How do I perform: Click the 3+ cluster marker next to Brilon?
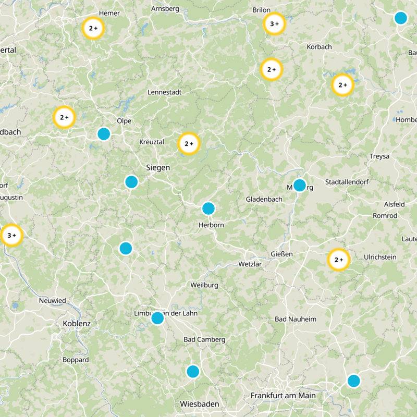coord(274,23)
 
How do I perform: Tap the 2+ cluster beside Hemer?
coord(93,29)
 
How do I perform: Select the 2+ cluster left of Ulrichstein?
coord(338,260)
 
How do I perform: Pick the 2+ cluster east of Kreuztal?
coord(189,143)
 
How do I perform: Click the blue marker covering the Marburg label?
coord(299,185)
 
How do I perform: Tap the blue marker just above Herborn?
coord(208,208)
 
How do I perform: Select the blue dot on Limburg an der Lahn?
coord(157,318)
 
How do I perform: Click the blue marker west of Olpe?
coord(104,134)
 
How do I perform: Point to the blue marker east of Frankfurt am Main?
coord(354,381)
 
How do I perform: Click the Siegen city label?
coord(157,168)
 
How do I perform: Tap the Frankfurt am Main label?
coord(283,396)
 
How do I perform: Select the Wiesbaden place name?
coord(199,404)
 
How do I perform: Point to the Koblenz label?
coord(77,324)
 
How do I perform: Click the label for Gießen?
coord(282,254)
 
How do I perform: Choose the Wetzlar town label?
coord(249,264)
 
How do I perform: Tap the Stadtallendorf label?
coord(349,182)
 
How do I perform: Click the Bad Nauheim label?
coord(296,318)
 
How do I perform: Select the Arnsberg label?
coord(165,9)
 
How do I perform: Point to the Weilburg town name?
coord(204,285)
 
